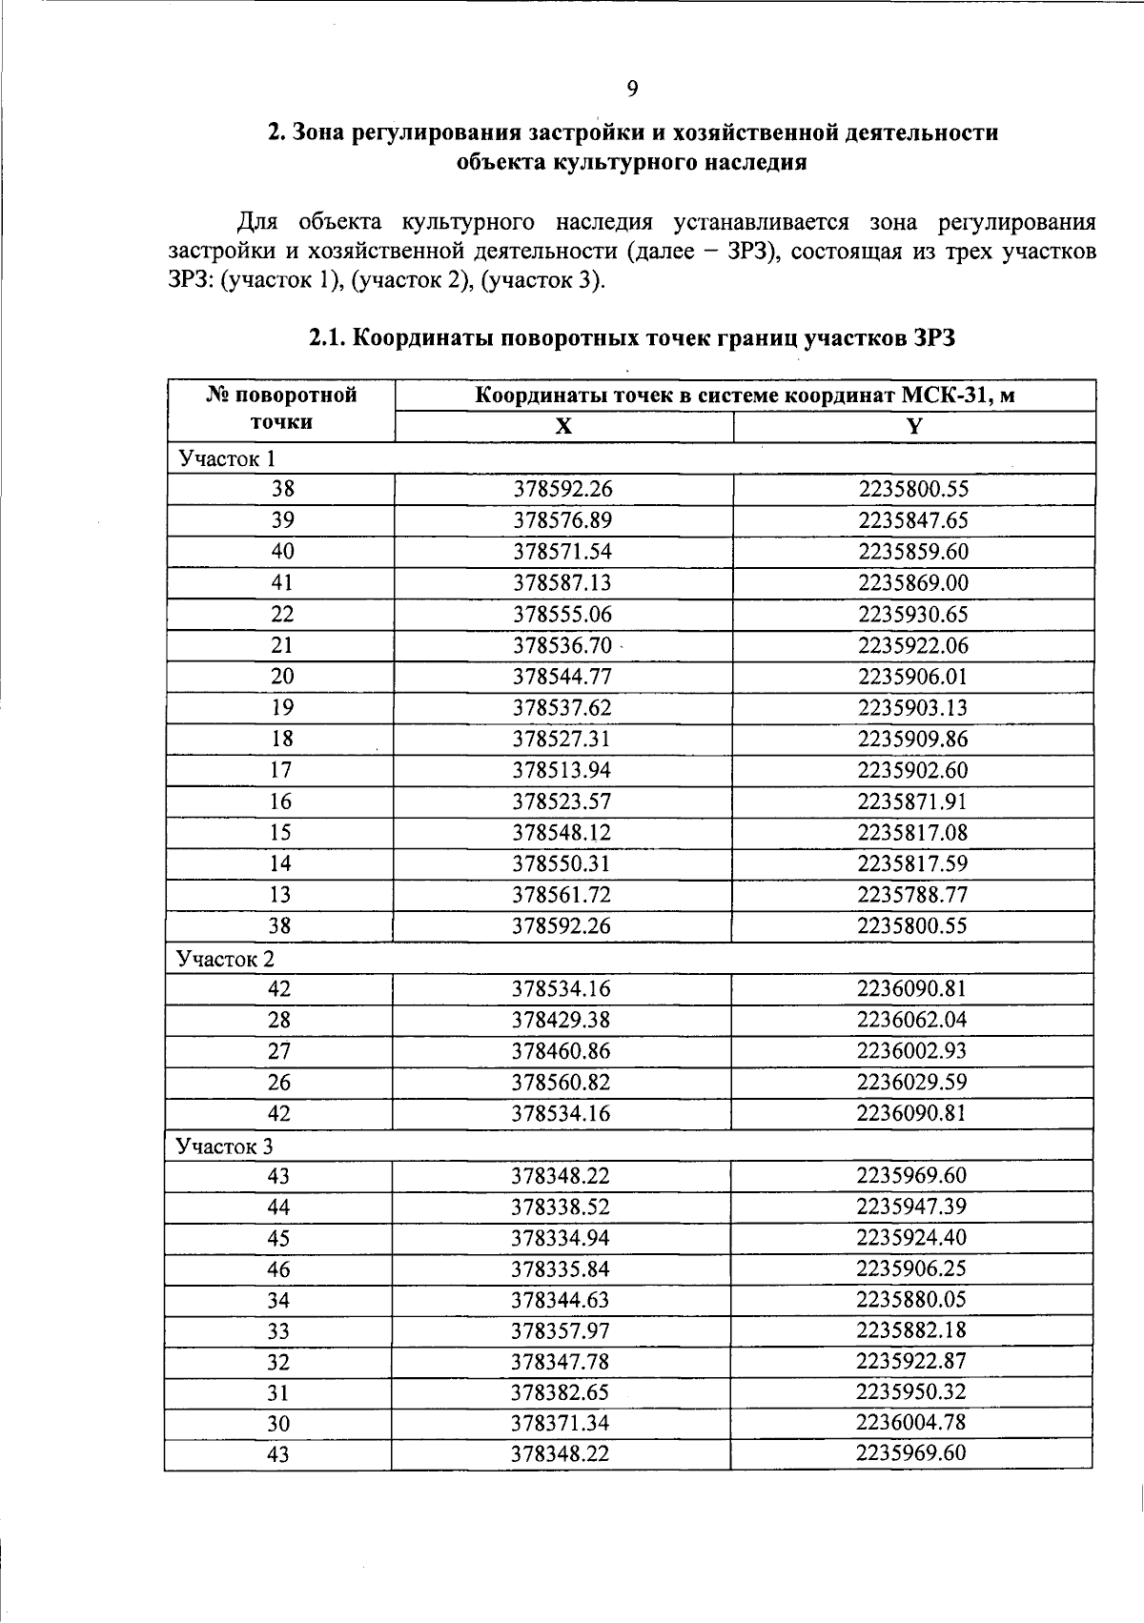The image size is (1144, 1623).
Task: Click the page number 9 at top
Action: pyautogui.click(x=632, y=90)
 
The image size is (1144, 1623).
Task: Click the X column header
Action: pyautogui.click(x=563, y=426)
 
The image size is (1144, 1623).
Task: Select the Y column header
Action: pyautogui.click(x=913, y=426)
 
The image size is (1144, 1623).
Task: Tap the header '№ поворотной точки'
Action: pyautogui.click(x=281, y=409)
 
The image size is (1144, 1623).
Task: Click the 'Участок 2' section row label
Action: pyautogui.click(x=226, y=959)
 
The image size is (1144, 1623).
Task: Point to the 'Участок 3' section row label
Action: pyautogui.click(x=225, y=1146)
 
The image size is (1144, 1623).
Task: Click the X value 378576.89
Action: pyautogui.click(x=562, y=520)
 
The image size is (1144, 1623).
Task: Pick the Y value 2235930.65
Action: pyautogui.click(x=912, y=614)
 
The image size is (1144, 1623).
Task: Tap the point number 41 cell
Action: pyautogui.click(x=282, y=582)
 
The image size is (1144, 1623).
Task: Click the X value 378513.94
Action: pyautogui.click(x=562, y=770)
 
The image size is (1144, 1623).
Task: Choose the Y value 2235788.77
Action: pyautogui.click(x=912, y=895)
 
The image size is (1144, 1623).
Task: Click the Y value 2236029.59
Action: pyautogui.click(x=911, y=1082)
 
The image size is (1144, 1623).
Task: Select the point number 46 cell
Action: pyautogui.click(x=278, y=1269)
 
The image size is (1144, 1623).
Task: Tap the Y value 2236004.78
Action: pyautogui.click(x=910, y=1422)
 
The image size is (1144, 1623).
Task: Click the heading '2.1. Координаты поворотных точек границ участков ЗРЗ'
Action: pyautogui.click(x=631, y=338)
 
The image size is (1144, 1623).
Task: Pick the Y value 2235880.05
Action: pyautogui.click(x=910, y=1299)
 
